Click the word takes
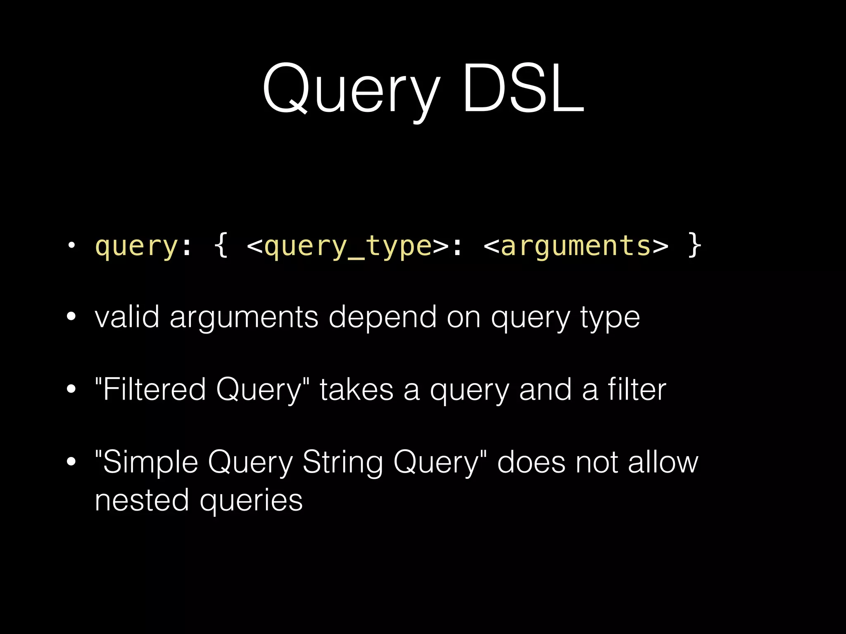coord(356,390)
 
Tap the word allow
coord(663,462)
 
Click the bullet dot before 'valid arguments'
coord(71,317)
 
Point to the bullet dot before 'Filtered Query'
coord(71,389)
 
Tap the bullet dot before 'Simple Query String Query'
coord(71,462)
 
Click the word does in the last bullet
coord(531,462)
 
